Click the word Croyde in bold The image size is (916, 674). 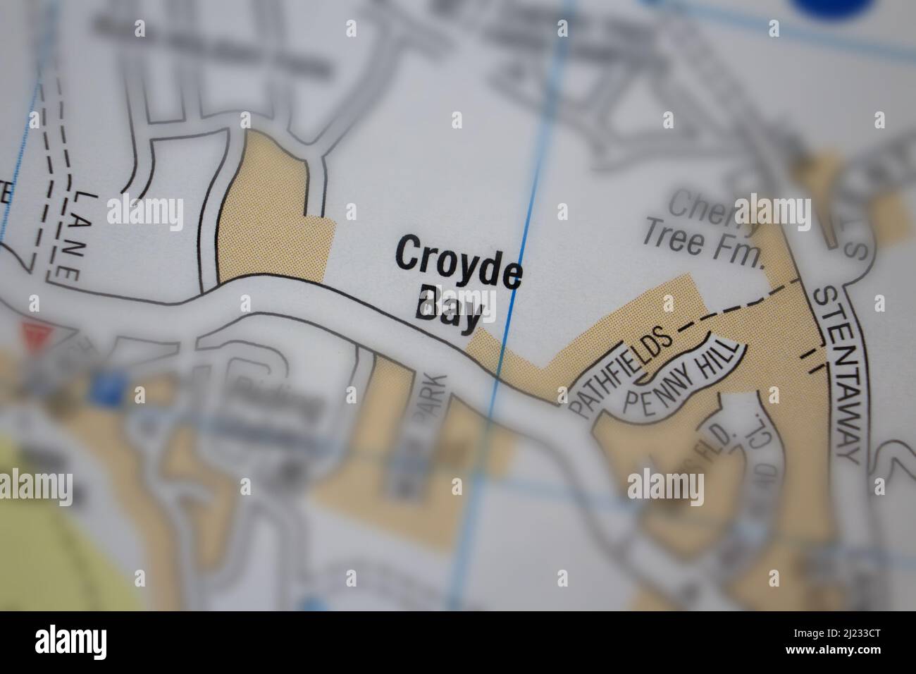pos(459,262)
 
